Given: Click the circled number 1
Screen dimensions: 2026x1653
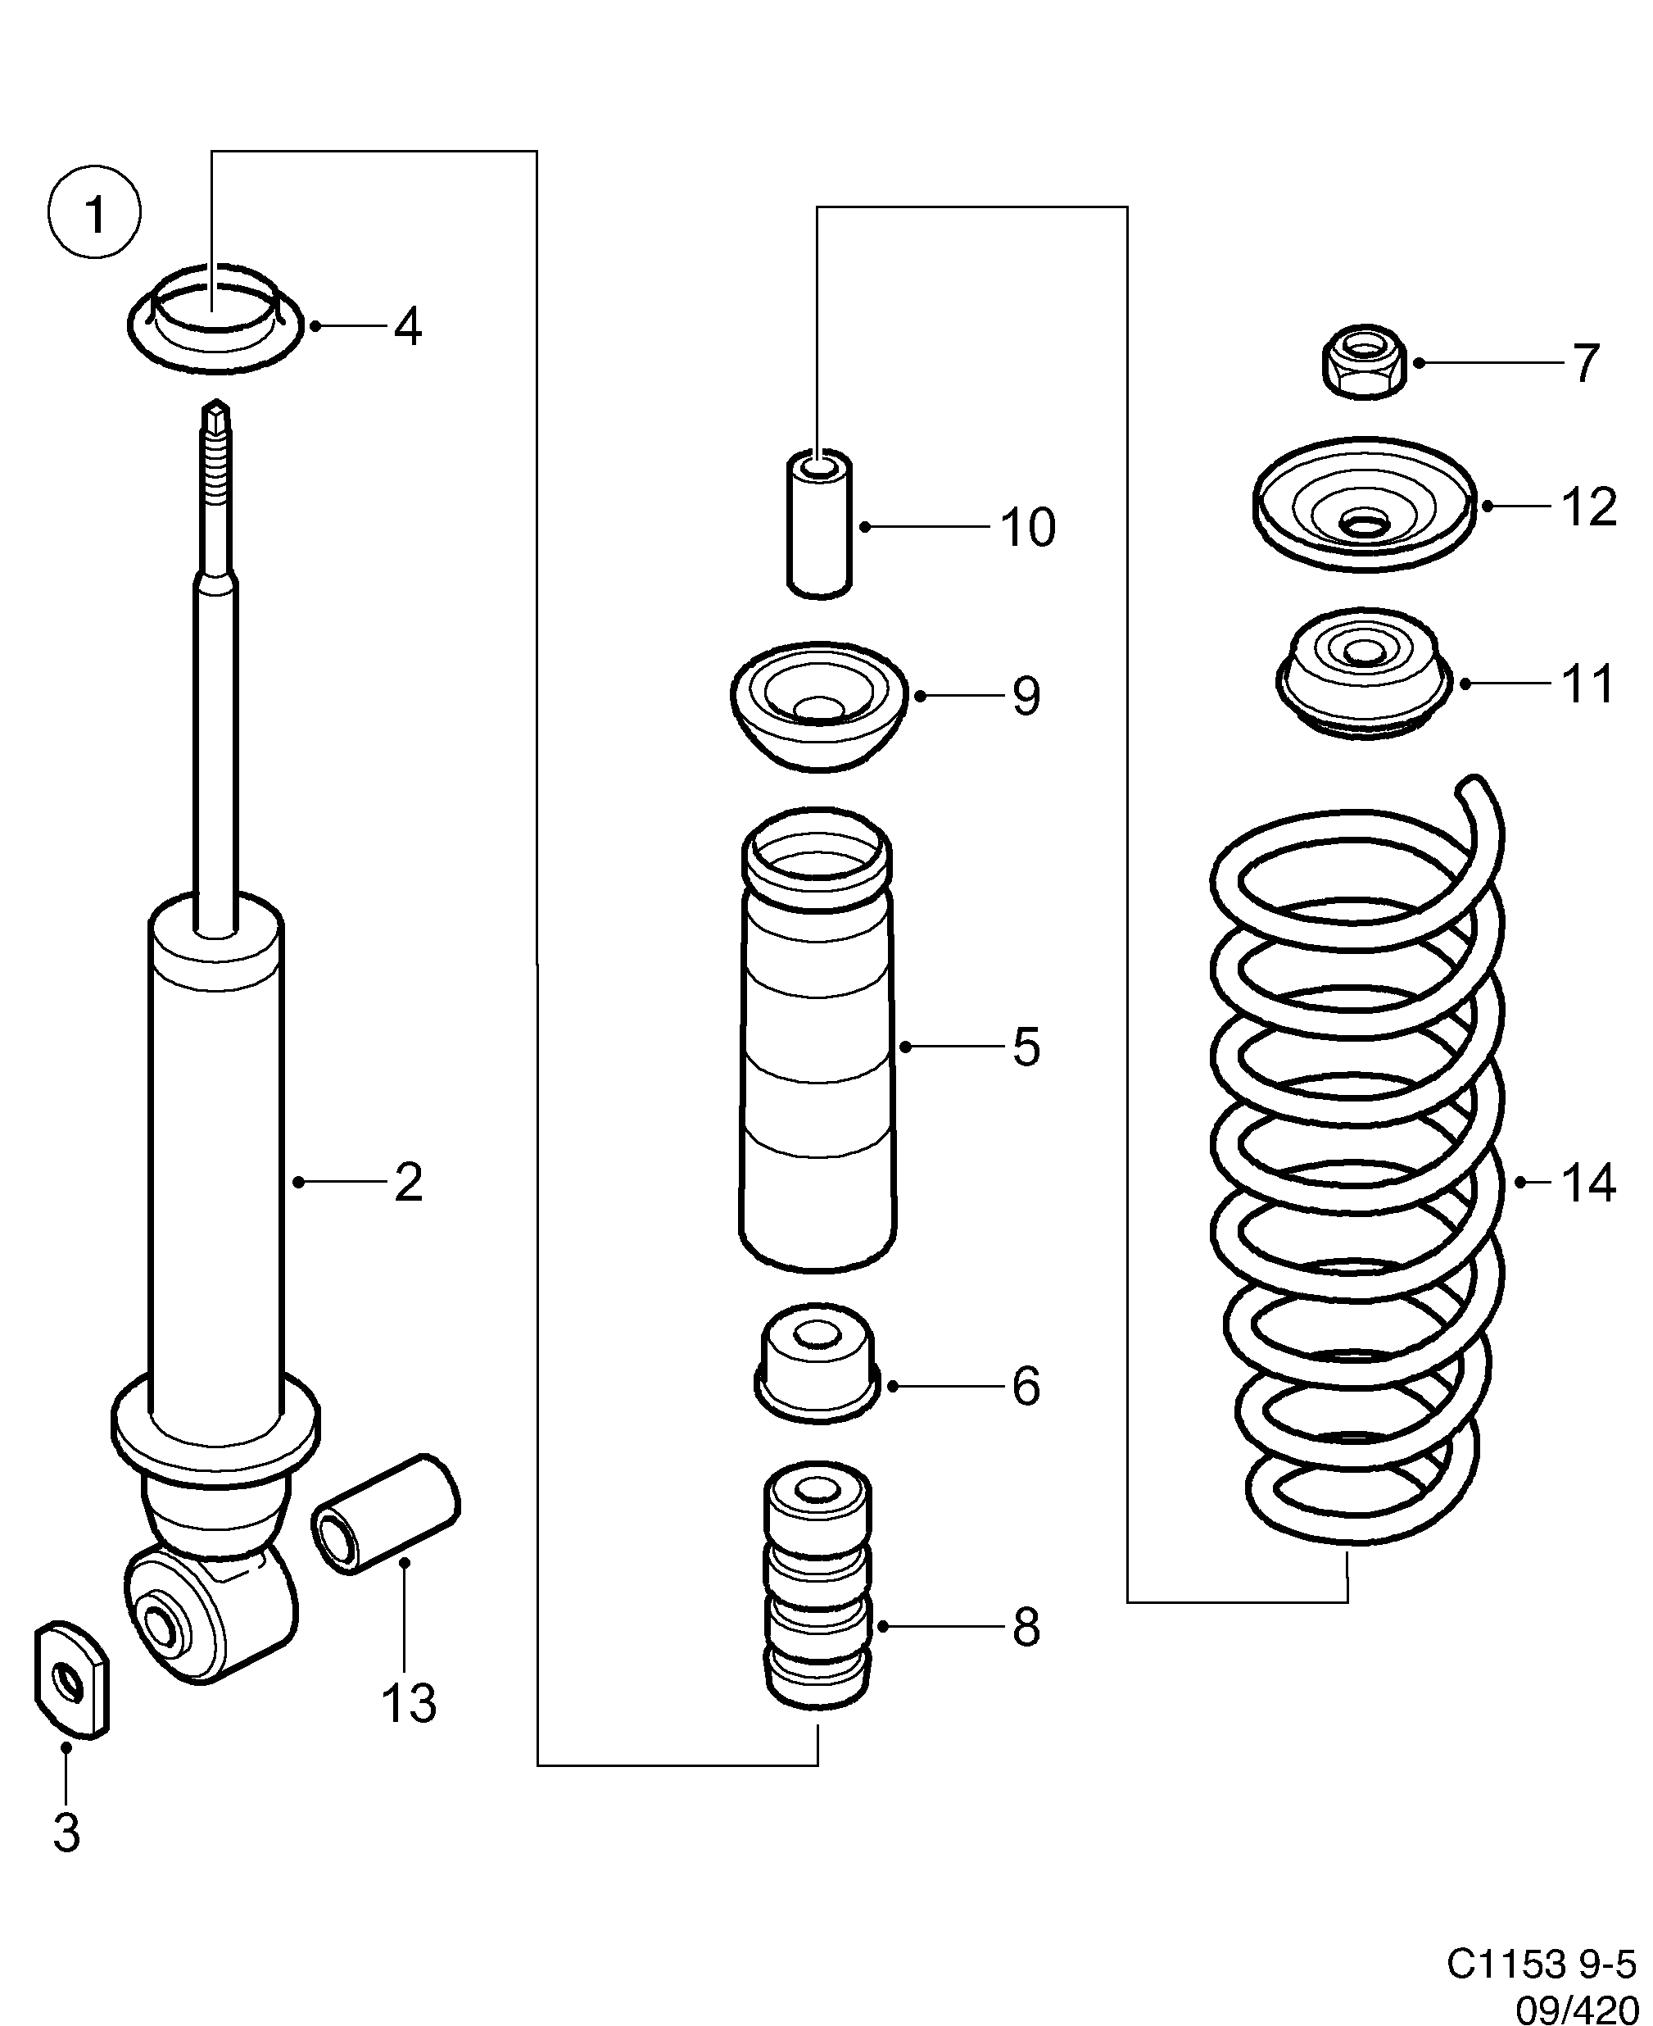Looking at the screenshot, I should (x=94, y=212).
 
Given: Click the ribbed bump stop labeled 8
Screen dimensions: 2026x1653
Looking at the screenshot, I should (x=818, y=1586).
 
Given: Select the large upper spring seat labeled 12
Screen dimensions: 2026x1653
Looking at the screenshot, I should (x=1364, y=506).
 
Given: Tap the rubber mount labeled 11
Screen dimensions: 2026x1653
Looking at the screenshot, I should (x=1364, y=674).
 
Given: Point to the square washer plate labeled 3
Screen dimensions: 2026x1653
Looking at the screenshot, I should (x=71, y=1681).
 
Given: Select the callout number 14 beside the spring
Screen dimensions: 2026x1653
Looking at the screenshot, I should (x=1588, y=1183).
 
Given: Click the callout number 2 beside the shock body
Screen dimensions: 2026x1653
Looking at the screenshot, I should (x=408, y=1183).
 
